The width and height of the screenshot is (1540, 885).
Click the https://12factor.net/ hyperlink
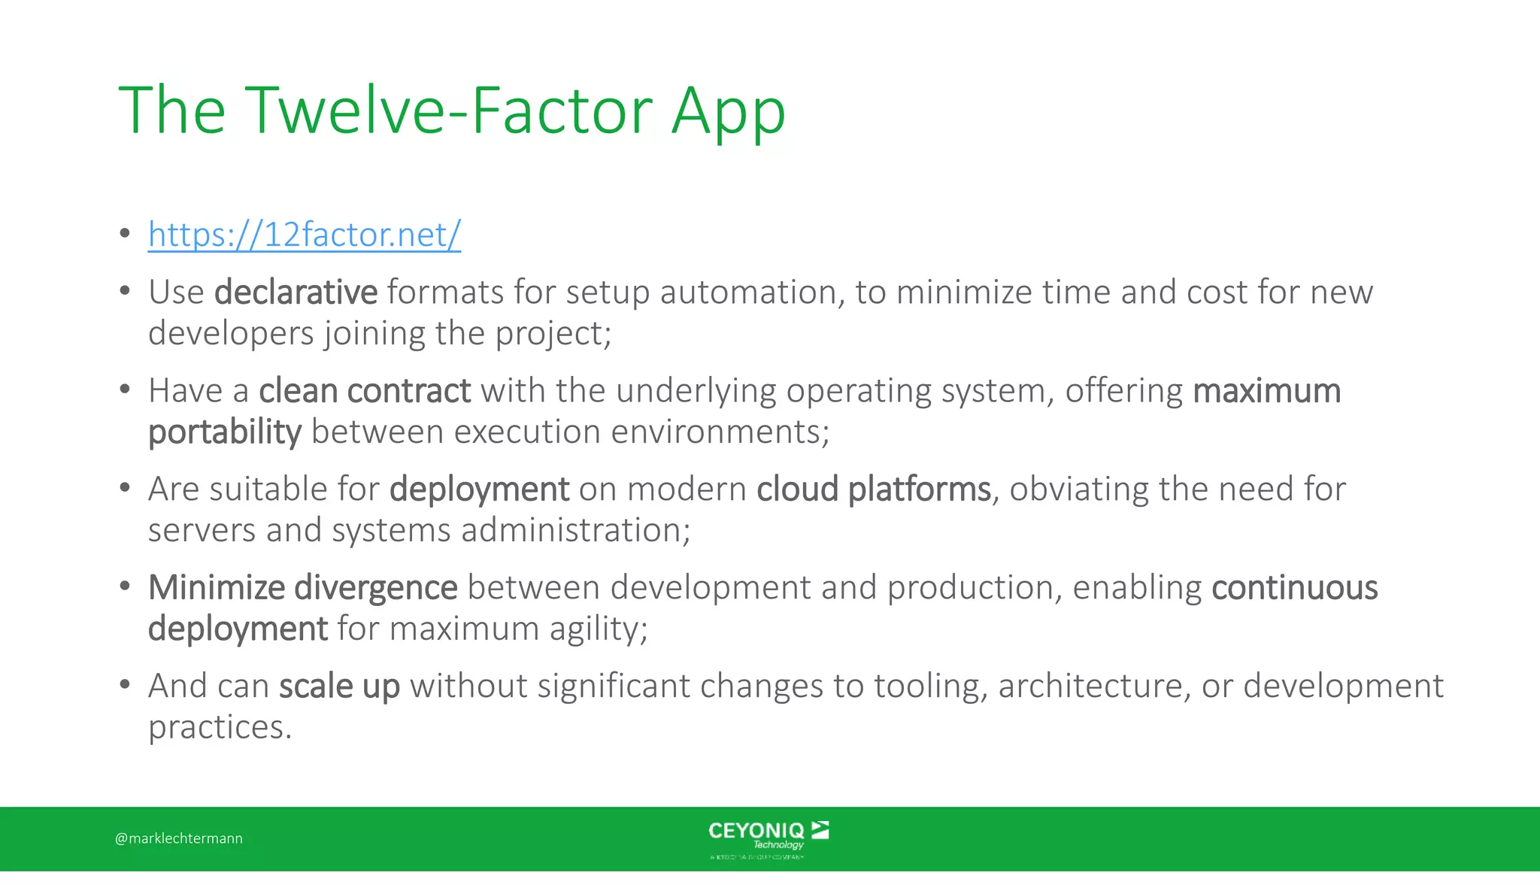click(304, 235)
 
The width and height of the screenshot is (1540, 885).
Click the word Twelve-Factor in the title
click(449, 111)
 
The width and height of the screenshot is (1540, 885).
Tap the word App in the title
click(728, 113)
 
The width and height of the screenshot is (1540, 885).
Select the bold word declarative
click(296, 292)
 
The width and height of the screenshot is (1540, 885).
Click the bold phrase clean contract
click(365, 390)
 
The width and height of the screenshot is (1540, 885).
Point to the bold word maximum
click(1266, 390)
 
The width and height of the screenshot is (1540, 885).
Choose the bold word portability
click(225, 432)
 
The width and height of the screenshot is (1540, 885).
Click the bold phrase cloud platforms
click(874, 489)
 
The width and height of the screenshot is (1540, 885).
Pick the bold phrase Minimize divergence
click(302, 587)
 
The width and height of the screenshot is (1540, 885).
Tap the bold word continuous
click(1294, 587)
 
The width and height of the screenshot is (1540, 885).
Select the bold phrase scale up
click(339, 686)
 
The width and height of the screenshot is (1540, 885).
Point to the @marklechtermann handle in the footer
click(179, 838)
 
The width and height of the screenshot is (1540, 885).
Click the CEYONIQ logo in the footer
click(768, 838)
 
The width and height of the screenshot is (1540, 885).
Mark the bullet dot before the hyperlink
click(125, 233)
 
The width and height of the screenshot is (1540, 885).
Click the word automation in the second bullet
click(747, 292)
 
